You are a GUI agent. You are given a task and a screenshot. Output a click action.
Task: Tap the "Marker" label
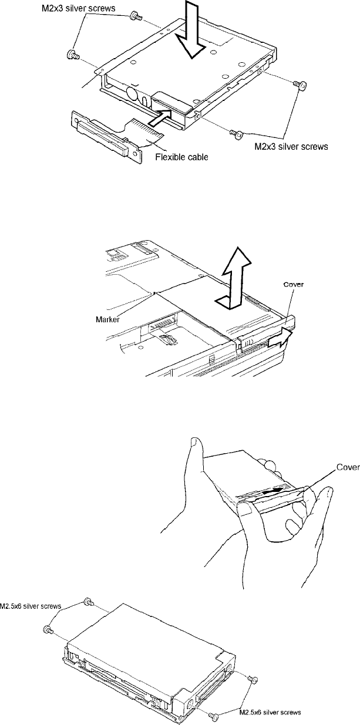tap(109, 319)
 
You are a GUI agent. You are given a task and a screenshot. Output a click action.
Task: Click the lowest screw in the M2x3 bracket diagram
tap(235, 135)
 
